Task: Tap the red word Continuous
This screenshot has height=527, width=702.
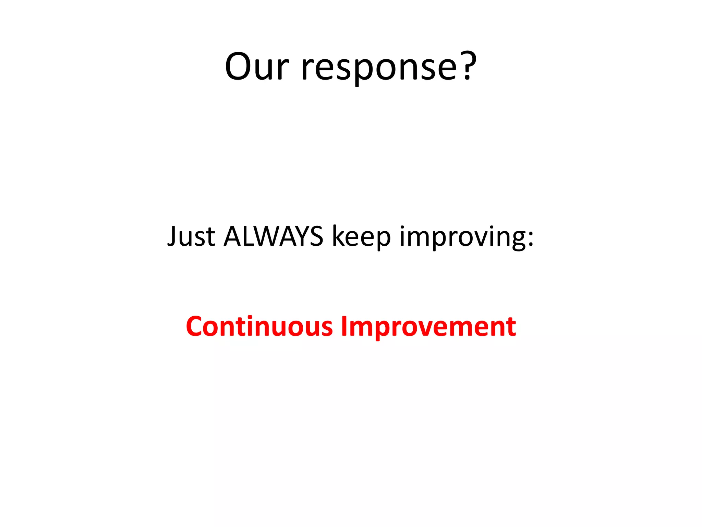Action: (x=259, y=326)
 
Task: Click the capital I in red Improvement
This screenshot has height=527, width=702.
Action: (x=343, y=326)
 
